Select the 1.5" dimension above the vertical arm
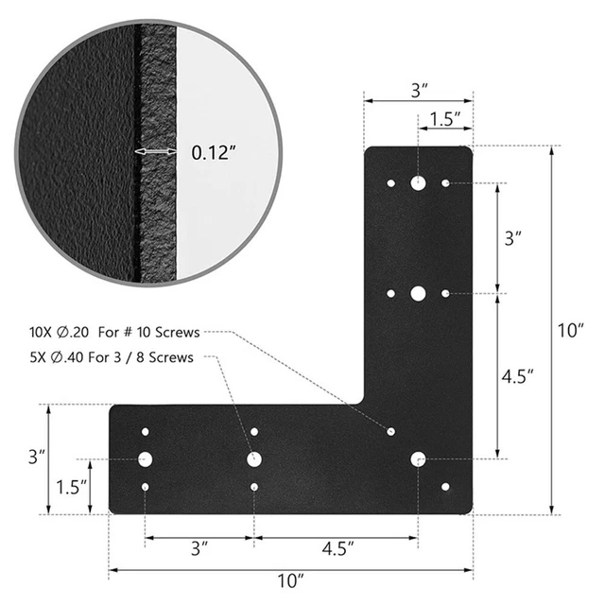click(x=444, y=119)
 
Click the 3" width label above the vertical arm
click(x=419, y=90)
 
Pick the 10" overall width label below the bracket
click(x=292, y=579)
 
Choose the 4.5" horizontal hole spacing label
click(x=336, y=547)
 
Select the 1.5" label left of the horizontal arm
click(x=69, y=486)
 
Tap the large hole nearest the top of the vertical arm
click(x=418, y=182)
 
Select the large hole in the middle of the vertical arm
click(x=418, y=293)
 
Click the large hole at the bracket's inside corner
click(x=418, y=459)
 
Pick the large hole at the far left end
click(x=145, y=459)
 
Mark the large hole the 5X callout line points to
click(x=254, y=459)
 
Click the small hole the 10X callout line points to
click(x=390, y=431)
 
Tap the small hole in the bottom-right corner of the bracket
click(x=446, y=487)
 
